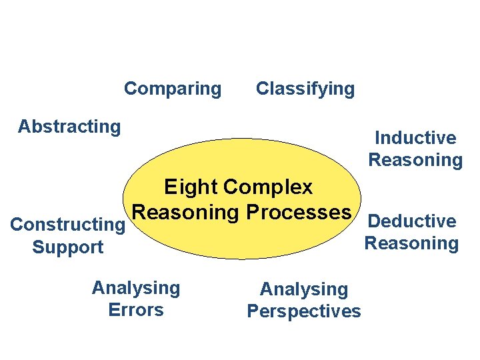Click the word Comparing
click(x=173, y=89)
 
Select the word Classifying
click(x=305, y=89)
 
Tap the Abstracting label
click(x=69, y=126)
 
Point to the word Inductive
click(x=415, y=138)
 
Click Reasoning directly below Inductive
click(x=415, y=160)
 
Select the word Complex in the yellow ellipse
click(x=269, y=187)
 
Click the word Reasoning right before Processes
click(x=186, y=212)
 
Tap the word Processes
click(x=298, y=212)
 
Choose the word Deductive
click(x=412, y=221)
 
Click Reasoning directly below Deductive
click(x=411, y=243)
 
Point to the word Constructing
click(x=68, y=225)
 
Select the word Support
click(x=68, y=247)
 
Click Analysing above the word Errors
click(x=136, y=288)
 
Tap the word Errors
click(x=136, y=310)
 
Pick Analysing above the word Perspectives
click(x=304, y=289)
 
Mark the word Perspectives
click(x=304, y=311)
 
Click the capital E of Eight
click(x=171, y=187)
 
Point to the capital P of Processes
click(x=252, y=212)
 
